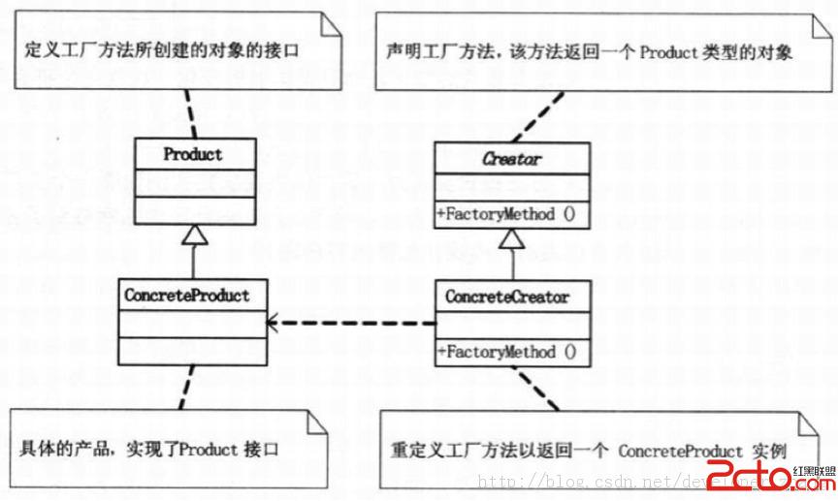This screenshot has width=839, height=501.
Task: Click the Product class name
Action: [193, 154]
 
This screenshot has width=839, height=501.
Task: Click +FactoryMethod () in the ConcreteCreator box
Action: [506, 352]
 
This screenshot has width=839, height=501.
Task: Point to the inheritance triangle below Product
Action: [193, 235]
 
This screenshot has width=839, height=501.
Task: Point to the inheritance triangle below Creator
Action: [511, 239]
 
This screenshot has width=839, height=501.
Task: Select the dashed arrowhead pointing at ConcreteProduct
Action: [276, 323]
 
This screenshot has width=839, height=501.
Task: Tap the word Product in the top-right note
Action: [672, 54]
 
